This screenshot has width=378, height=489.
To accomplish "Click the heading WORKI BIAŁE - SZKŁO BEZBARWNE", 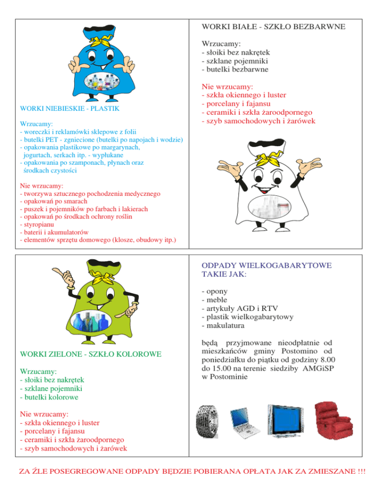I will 273,25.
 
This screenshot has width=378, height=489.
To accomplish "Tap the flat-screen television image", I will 284,421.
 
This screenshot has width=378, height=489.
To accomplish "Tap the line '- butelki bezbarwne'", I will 235,70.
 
